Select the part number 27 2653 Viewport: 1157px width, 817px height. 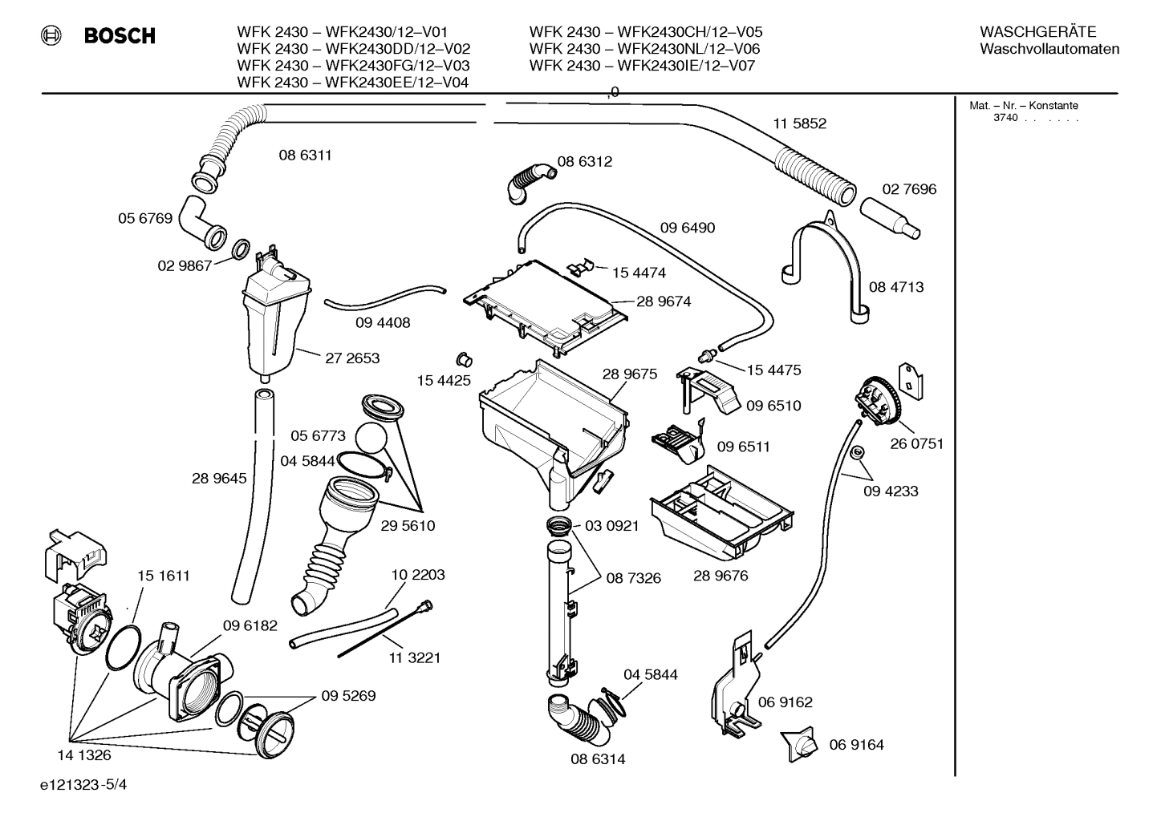(x=352, y=358)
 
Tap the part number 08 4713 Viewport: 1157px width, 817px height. (x=896, y=287)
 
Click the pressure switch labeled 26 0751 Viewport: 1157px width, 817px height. (x=878, y=402)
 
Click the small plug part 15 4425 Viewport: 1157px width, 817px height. (x=462, y=356)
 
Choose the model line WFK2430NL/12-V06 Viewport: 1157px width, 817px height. (x=644, y=49)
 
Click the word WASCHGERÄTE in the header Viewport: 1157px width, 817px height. (x=1037, y=32)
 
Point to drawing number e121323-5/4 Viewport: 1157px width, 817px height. (x=83, y=785)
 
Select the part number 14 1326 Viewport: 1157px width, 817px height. (x=83, y=754)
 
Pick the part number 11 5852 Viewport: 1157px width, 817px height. (x=799, y=123)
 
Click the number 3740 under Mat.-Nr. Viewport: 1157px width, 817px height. (x=1005, y=118)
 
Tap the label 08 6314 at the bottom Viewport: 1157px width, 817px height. (x=598, y=758)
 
